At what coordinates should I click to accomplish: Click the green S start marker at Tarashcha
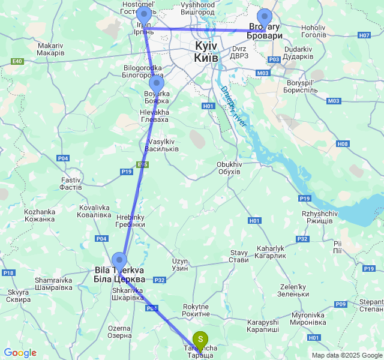(x=200, y=340)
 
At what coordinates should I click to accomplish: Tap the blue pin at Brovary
(x=264, y=18)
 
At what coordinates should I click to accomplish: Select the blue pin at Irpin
(x=144, y=16)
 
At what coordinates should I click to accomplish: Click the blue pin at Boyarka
(x=156, y=83)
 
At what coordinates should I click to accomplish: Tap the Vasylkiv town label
(x=162, y=145)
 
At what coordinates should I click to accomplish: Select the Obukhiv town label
(x=229, y=167)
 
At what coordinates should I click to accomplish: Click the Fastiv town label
(x=71, y=183)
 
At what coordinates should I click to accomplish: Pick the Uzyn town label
(x=180, y=264)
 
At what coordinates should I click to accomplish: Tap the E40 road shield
(x=17, y=61)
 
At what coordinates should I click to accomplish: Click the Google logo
(x=20, y=353)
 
